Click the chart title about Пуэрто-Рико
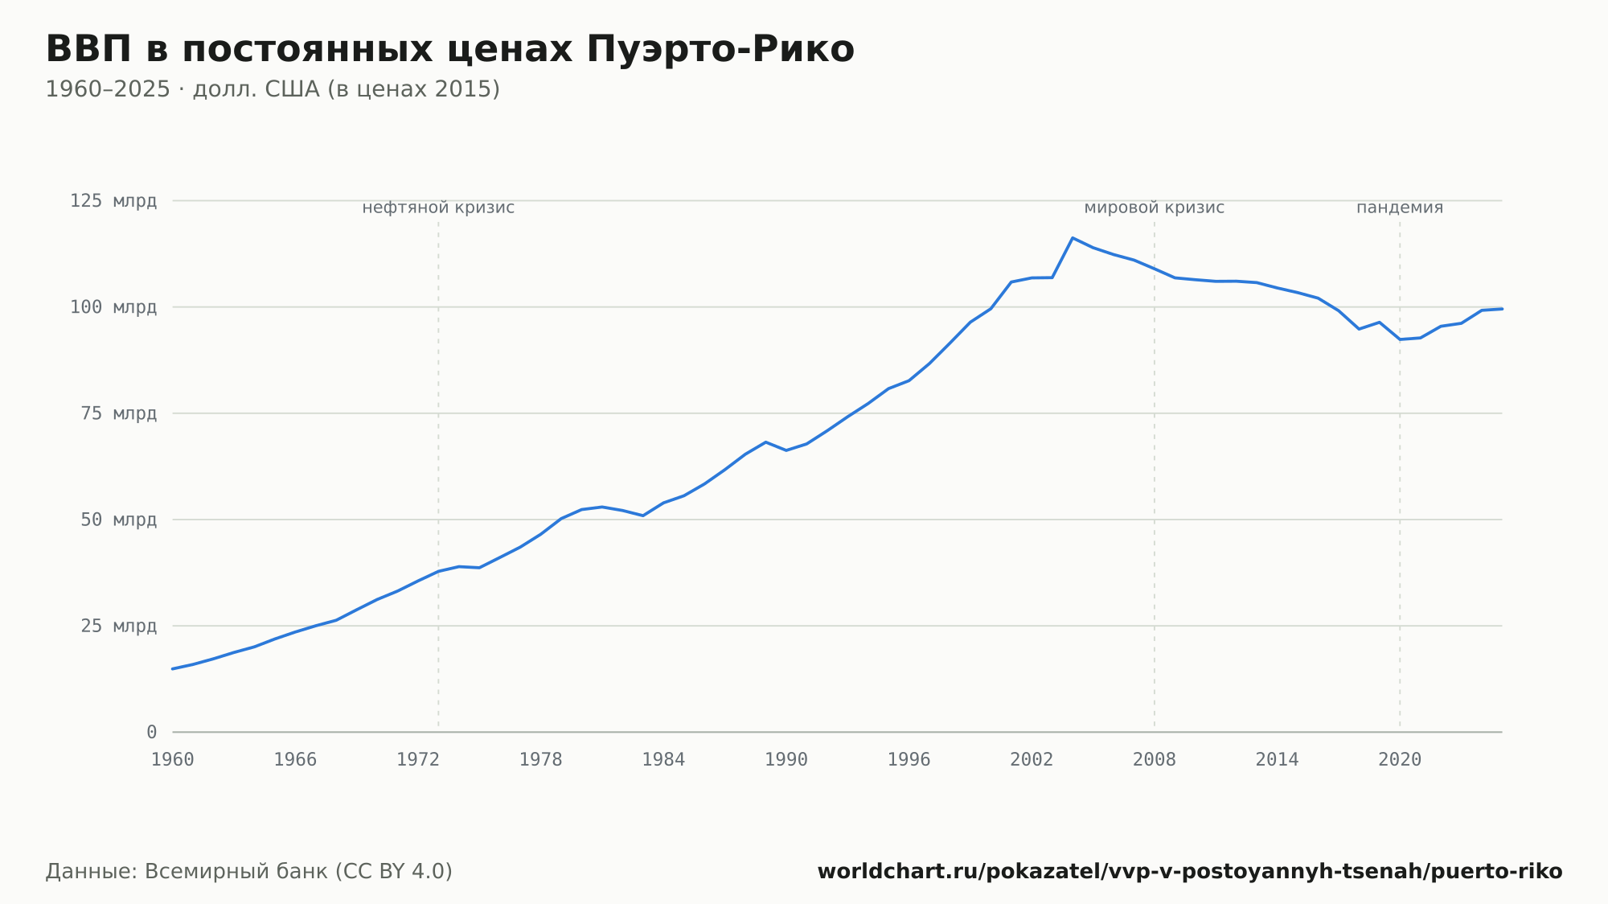coord(449,49)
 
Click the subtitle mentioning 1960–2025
coord(273,89)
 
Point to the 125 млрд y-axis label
coord(113,201)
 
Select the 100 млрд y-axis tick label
coord(113,307)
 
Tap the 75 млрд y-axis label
coord(118,413)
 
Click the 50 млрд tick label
coord(118,520)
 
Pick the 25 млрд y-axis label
coord(118,626)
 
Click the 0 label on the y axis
coord(152,732)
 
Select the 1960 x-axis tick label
coord(173,760)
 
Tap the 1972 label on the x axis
coord(418,760)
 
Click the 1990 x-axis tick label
coord(786,760)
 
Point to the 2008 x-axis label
coord(1155,760)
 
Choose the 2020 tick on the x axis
coord(1400,760)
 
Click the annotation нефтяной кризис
coord(438,208)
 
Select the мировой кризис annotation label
coord(1155,208)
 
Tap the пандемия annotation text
coord(1400,208)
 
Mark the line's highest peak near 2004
coord(1073,238)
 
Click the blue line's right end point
coord(1502,309)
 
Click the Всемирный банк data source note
coord(249,872)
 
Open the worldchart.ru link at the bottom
coord(1190,872)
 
